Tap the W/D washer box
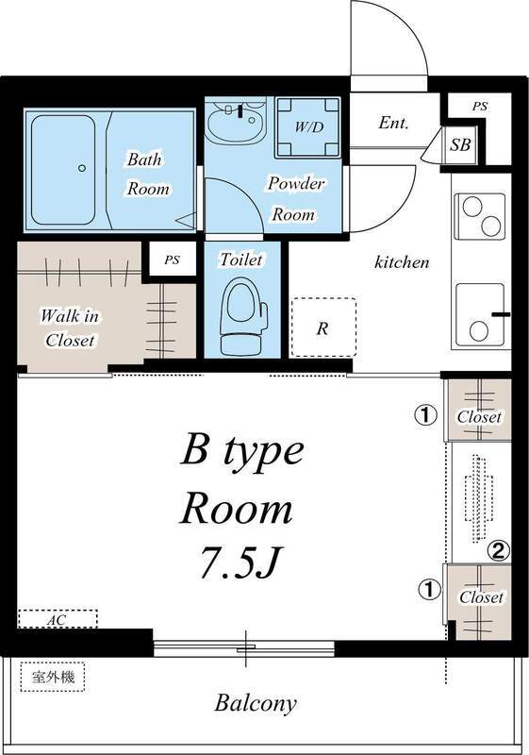tap(307, 126)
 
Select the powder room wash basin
tap(236, 124)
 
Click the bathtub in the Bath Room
tap(63, 167)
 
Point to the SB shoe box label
tap(460, 145)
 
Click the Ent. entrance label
tap(393, 123)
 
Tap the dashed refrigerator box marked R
tap(323, 327)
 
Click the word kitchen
tap(402, 262)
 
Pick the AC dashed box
tap(58, 619)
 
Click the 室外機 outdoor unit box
tap(53, 676)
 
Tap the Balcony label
tap(256, 703)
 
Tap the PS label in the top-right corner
tap(480, 107)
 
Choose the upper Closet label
tap(479, 417)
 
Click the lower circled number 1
tap(429, 590)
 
